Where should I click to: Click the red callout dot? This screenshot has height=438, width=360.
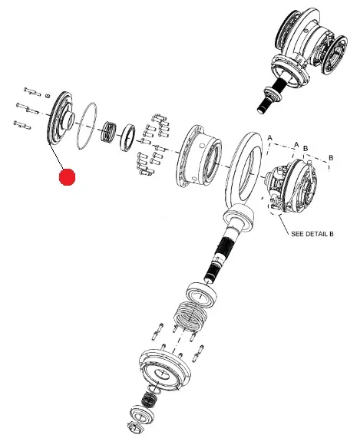click(x=68, y=176)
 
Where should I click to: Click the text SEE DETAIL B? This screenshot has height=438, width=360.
click(x=312, y=233)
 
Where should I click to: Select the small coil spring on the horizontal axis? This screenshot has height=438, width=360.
click(x=108, y=131)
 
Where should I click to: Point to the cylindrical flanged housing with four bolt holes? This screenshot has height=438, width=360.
click(x=199, y=156)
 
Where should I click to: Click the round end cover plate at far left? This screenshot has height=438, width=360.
click(x=59, y=117)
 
